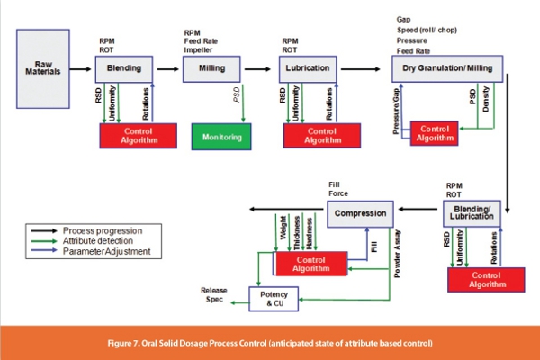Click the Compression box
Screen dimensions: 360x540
point(361,214)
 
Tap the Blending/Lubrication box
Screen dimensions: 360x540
point(473,214)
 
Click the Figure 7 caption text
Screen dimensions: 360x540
point(270,343)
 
